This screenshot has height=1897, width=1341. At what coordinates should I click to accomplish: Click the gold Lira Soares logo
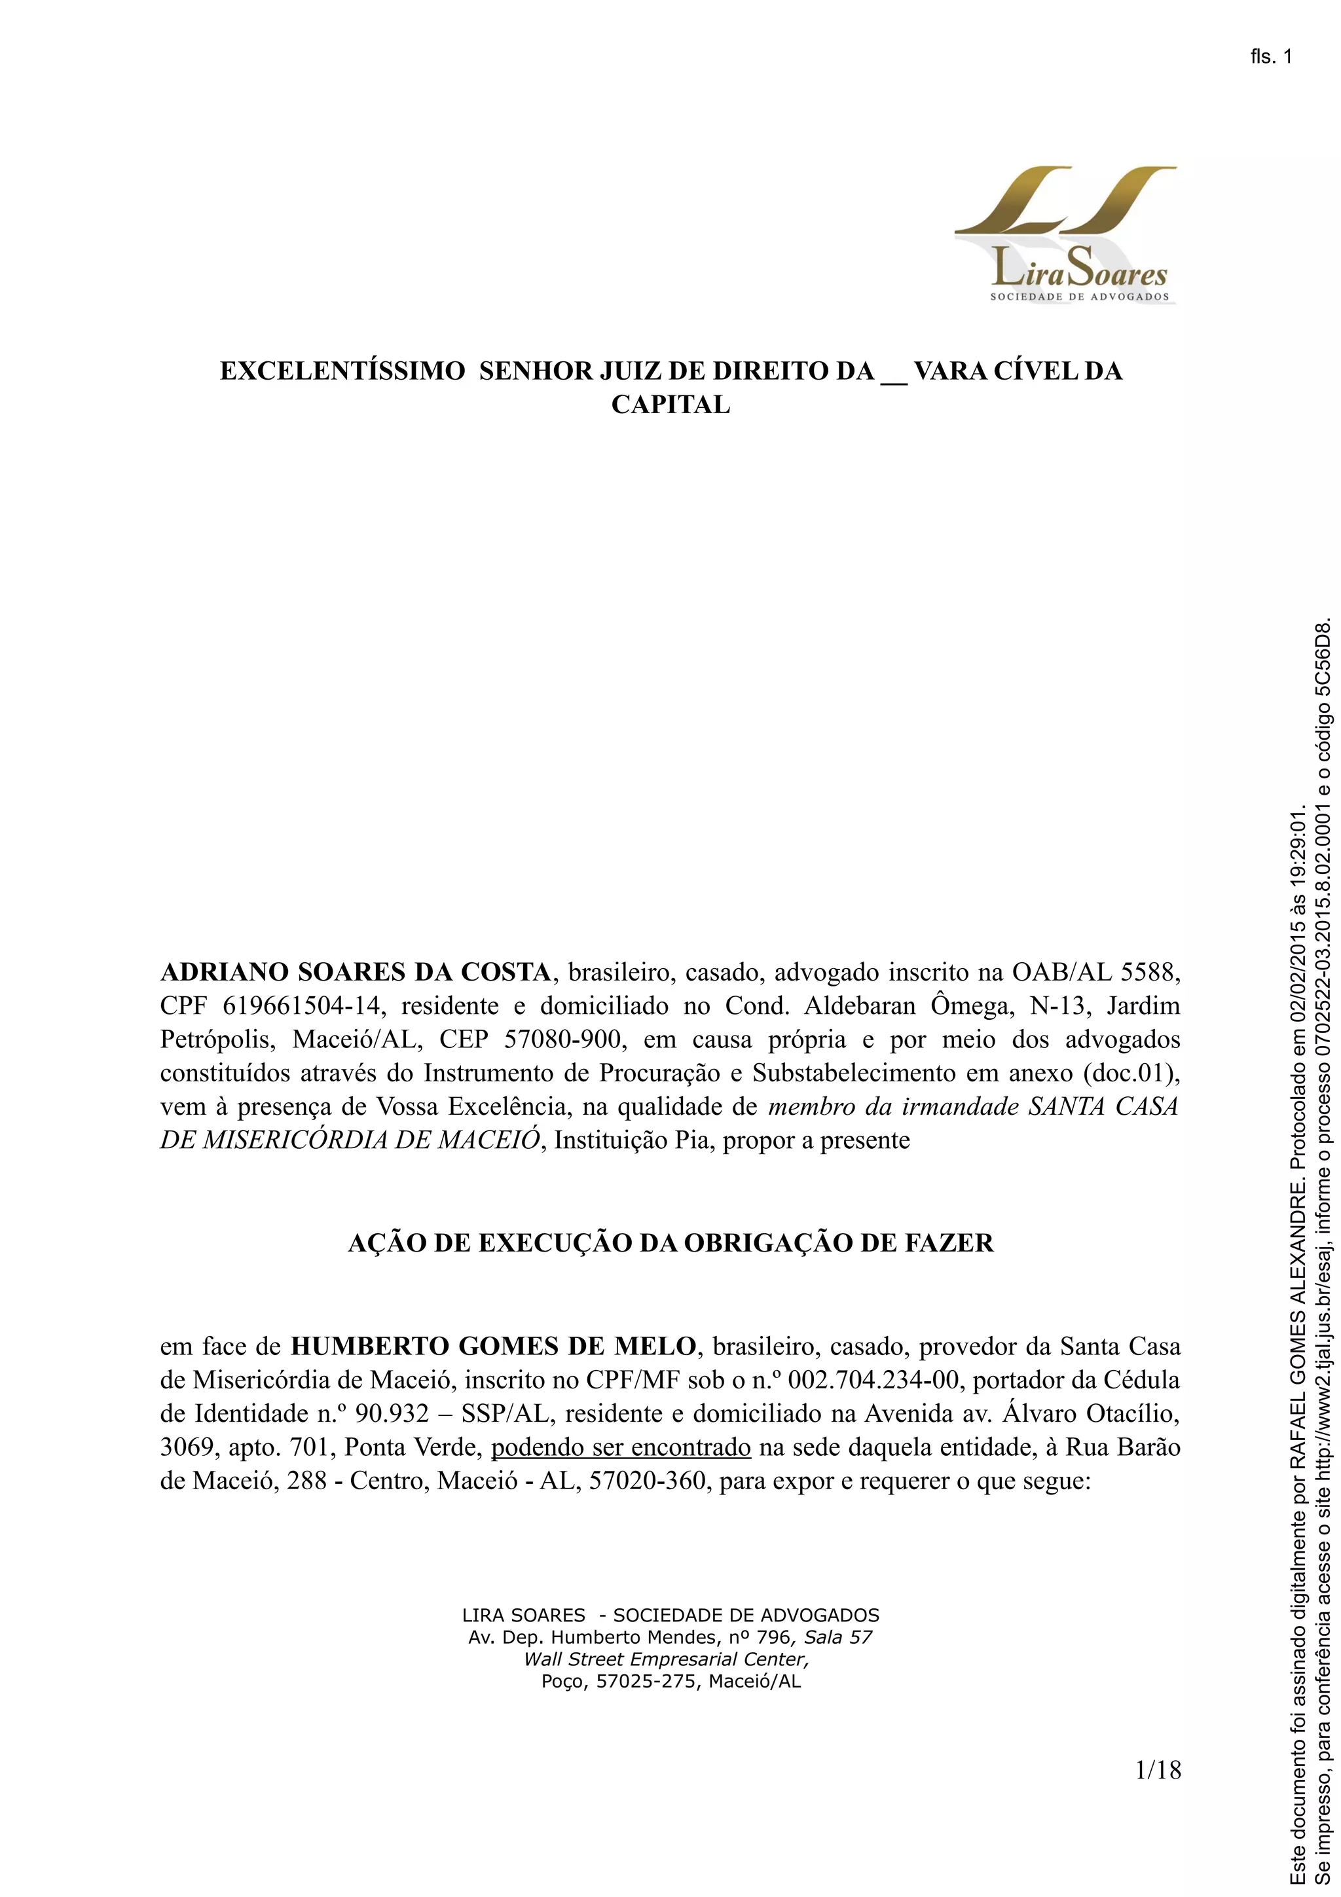point(1065,234)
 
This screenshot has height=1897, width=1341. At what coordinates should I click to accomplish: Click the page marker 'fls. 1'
point(1271,57)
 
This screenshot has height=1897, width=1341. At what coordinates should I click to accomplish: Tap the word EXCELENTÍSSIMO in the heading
point(342,371)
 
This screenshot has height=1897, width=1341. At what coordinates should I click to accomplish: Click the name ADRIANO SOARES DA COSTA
point(356,973)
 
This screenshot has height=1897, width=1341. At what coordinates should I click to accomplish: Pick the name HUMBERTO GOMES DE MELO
point(493,1346)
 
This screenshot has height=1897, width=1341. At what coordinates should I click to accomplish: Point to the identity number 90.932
point(392,1414)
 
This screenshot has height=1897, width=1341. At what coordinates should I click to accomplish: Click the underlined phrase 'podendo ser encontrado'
point(621,1447)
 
